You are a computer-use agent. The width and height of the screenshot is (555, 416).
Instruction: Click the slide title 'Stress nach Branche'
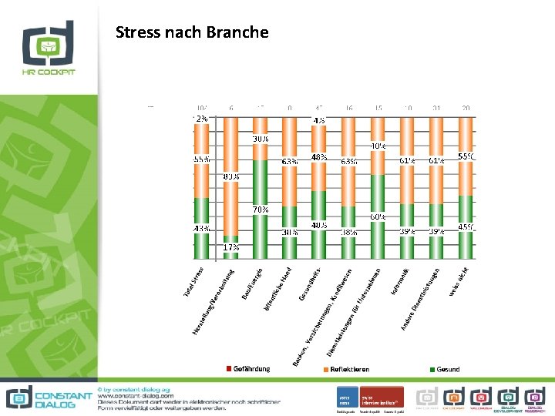coord(192,32)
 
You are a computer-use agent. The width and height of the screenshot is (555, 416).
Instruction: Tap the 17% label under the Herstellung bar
coord(230,248)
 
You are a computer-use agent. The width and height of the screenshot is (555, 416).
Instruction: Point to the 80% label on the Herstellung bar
coord(230,176)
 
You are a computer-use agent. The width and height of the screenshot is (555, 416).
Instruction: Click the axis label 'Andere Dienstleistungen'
coord(421,300)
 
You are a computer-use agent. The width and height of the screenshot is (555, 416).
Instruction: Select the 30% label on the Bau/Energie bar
coord(261,139)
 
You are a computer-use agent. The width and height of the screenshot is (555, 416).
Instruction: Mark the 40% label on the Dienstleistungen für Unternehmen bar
coord(378,146)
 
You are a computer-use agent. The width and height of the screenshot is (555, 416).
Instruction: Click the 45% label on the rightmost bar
coord(466,227)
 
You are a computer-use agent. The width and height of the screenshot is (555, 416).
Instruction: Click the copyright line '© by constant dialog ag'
coord(136,388)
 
